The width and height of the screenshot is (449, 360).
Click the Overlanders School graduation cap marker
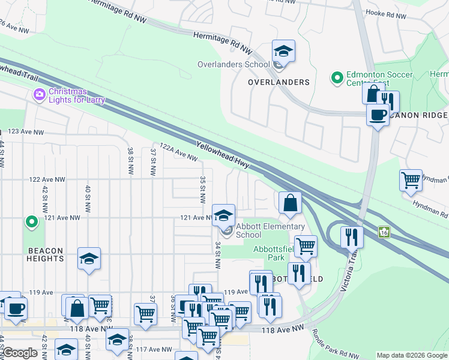click(x=283, y=51)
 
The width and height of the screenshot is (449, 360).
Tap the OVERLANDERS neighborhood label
click(x=279, y=82)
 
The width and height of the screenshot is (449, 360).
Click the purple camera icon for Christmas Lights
click(x=40, y=95)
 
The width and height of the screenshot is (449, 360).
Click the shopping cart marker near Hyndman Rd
click(x=411, y=179)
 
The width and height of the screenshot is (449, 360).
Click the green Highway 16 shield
click(x=384, y=232)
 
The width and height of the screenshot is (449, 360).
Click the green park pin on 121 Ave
click(x=32, y=223)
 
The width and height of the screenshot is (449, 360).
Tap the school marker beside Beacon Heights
click(x=89, y=259)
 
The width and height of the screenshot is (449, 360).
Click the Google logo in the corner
click(x=20, y=353)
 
